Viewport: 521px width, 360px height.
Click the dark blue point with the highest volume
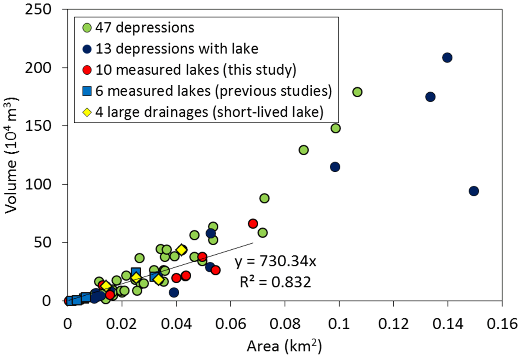click(x=447, y=58)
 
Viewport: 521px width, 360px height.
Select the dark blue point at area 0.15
click(x=474, y=191)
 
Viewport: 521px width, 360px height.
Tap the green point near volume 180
click(x=357, y=92)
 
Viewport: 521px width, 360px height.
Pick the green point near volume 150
click(x=336, y=128)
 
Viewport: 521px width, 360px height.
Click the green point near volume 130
click(x=303, y=150)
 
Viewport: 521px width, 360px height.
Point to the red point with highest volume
click(x=253, y=224)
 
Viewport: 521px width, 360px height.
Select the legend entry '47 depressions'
click(x=144, y=28)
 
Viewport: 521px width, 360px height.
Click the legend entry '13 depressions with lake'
click(x=176, y=49)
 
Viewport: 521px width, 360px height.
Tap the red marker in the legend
click(x=87, y=70)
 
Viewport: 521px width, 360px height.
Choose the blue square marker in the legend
click(x=87, y=91)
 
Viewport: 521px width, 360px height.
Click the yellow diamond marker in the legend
click(x=87, y=112)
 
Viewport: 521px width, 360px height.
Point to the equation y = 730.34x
click(x=275, y=261)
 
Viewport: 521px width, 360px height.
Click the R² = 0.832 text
click(x=275, y=282)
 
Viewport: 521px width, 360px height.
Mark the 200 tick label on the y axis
click(x=38, y=68)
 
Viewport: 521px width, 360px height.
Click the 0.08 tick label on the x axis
click(x=285, y=324)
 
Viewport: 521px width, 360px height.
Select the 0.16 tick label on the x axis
click(x=502, y=324)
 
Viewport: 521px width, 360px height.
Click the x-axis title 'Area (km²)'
click(x=284, y=346)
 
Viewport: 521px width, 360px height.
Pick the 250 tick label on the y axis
click(x=38, y=9)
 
